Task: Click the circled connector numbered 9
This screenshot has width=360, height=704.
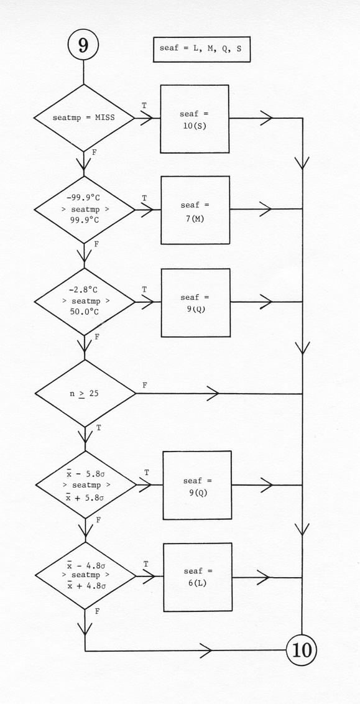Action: (x=83, y=45)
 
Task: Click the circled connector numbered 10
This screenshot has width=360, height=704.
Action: (x=302, y=650)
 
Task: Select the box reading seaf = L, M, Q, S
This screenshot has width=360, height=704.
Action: (x=201, y=49)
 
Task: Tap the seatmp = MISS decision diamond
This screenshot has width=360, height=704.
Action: (x=84, y=118)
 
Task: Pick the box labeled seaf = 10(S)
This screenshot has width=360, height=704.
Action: (x=195, y=119)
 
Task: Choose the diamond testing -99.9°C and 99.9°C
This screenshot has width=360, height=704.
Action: (x=85, y=210)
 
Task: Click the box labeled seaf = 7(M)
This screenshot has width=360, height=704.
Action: (x=195, y=210)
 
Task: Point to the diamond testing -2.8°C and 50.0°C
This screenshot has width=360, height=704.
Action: (x=85, y=302)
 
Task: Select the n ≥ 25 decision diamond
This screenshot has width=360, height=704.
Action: (x=85, y=393)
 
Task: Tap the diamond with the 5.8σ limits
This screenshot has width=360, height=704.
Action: (x=86, y=485)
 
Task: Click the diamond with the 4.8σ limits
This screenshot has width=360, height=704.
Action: (x=85, y=576)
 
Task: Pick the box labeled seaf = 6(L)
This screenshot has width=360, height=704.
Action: (x=198, y=577)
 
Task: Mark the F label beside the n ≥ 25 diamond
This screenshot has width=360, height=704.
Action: (x=144, y=385)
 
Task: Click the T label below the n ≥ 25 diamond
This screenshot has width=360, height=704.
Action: (x=99, y=427)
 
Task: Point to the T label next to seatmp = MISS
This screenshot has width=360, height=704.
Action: (x=144, y=106)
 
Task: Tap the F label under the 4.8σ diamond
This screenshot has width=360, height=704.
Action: (x=98, y=611)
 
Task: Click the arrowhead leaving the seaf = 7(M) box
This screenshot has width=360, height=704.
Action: (x=265, y=209)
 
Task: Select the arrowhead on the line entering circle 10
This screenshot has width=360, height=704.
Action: (x=206, y=650)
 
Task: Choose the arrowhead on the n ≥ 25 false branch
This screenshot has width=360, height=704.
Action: (x=213, y=394)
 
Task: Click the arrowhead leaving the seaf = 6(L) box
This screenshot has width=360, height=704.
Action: (x=264, y=577)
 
